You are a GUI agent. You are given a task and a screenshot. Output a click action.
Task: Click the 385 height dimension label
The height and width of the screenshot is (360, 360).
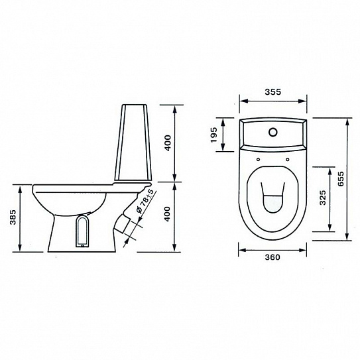[13, 217]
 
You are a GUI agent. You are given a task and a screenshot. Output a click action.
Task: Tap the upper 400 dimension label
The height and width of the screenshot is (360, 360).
[168, 143]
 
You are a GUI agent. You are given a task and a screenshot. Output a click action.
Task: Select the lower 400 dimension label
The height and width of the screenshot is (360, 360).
[168, 214]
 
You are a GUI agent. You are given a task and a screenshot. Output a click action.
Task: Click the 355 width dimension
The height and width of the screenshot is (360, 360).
[272, 92]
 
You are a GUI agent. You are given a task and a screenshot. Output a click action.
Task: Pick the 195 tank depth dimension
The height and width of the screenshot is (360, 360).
[213, 135]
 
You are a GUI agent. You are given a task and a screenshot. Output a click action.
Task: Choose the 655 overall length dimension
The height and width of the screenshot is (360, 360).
[341, 178]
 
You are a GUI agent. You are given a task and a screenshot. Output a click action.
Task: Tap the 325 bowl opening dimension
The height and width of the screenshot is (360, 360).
[323, 198]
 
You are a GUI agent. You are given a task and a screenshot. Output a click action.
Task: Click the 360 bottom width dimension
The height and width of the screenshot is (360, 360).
[272, 257]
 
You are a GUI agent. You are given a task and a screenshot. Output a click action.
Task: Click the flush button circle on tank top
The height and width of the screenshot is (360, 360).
[273, 132]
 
